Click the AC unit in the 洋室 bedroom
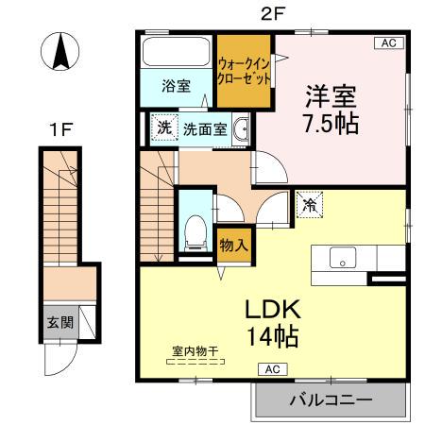coord(386,42)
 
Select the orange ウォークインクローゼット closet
coord(244,72)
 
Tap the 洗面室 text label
coord(204,129)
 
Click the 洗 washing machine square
coord(164,128)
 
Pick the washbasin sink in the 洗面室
coord(242,129)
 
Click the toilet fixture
coord(196,229)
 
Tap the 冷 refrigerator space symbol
coord(309,203)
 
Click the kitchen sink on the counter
coord(340,257)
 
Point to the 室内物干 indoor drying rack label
coord(194,352)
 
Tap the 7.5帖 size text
coord(330,122)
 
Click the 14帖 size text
coord(273,335)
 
